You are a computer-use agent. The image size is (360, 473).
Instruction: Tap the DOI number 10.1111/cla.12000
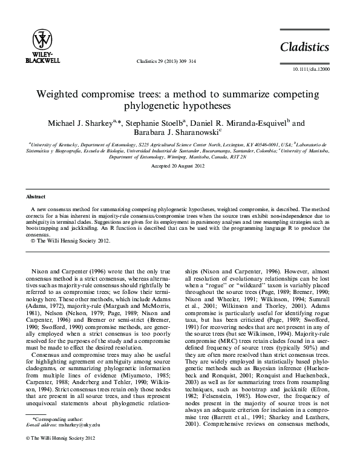315,70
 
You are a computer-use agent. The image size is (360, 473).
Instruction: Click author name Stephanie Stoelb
154,123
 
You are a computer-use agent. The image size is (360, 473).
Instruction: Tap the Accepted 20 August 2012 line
180,165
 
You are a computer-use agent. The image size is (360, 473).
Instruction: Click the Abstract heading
36,197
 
